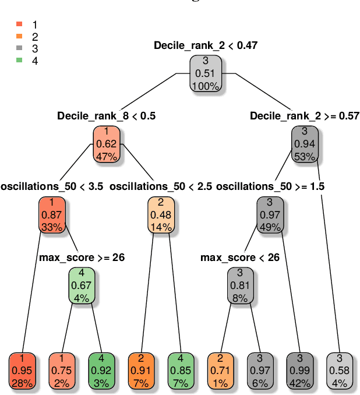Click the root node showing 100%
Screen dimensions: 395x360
click(x=206, y=73)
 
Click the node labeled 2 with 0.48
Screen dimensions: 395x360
click(x=160, y=214)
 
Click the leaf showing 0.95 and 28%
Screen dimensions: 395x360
click(x=23, y=370)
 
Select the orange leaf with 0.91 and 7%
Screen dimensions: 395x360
click(x=142, y=370)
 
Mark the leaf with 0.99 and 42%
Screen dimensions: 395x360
click(x=299, y=370)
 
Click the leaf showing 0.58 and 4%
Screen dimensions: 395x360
click(x=339, y=370)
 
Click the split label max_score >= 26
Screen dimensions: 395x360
click(x=82, y=257)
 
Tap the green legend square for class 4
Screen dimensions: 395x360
click(x=19, y=61)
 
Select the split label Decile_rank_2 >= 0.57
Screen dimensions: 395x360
click(x=304, y=116)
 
